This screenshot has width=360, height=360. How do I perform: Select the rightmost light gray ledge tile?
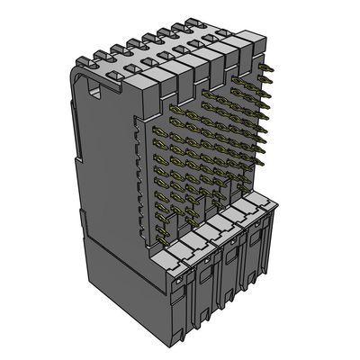264,210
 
